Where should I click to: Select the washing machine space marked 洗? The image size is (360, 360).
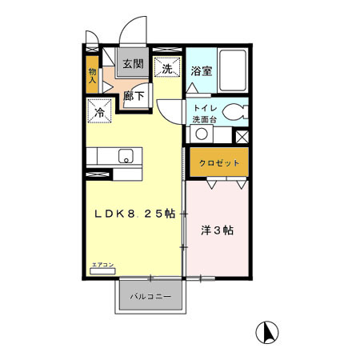click(x=167, y=69)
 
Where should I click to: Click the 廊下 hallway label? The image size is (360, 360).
click(x=134, y=95)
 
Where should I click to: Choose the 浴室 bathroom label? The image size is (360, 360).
click(x=202, y=70)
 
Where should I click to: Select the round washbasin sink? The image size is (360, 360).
click(x=203, y=134)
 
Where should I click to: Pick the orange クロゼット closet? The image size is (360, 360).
click(x=219, y=163)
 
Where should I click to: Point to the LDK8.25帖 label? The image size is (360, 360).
click(x=134, y=213)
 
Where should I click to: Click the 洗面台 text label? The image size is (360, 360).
click(x=203, y=120)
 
